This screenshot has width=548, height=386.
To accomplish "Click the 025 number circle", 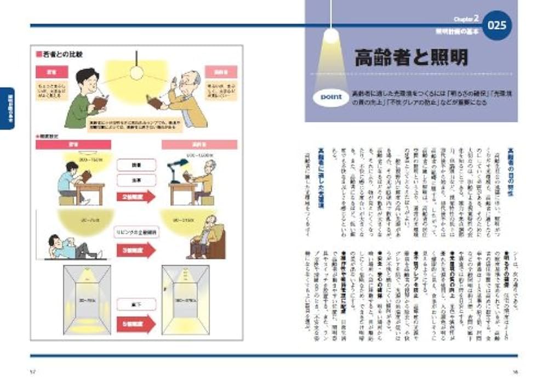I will (x=497, y=26).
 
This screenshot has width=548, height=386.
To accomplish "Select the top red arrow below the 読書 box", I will (x=136, y=196).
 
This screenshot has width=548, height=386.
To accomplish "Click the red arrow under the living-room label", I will (x=136, y=249).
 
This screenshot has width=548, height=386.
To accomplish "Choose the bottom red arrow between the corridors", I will (x=136, y=323).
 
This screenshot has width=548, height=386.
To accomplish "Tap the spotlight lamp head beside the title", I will (x=331, y=37).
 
